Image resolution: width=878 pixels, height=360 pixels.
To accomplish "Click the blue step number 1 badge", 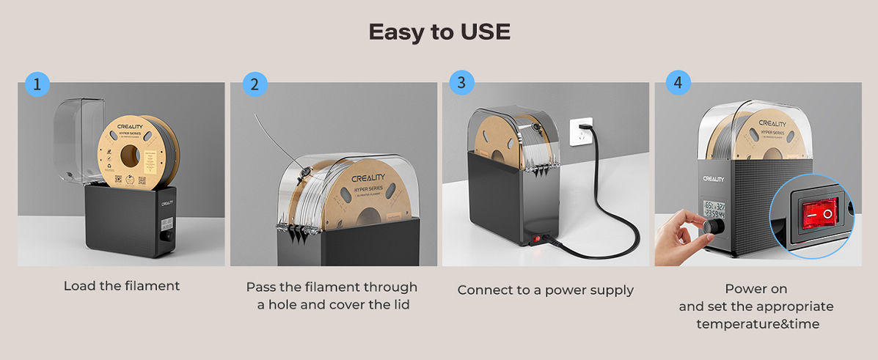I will pos(37,84).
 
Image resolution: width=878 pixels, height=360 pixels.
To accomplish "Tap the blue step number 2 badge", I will pos(255,84).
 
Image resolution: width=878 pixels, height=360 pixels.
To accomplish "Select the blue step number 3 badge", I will pos(461,82).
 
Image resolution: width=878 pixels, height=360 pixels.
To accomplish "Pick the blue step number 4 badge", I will pos(677,84).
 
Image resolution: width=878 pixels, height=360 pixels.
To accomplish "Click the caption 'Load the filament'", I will pos(122,286).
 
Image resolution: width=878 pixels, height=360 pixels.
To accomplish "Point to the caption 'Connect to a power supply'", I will pos(545,290).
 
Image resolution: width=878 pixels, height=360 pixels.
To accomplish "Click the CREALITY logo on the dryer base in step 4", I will pos(713,179).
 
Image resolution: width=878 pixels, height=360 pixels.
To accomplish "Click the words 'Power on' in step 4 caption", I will pos(756,289).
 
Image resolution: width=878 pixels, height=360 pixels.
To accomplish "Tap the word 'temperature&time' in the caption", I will pos(757,323).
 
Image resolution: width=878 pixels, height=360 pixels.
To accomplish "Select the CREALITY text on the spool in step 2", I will pos(371,178).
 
